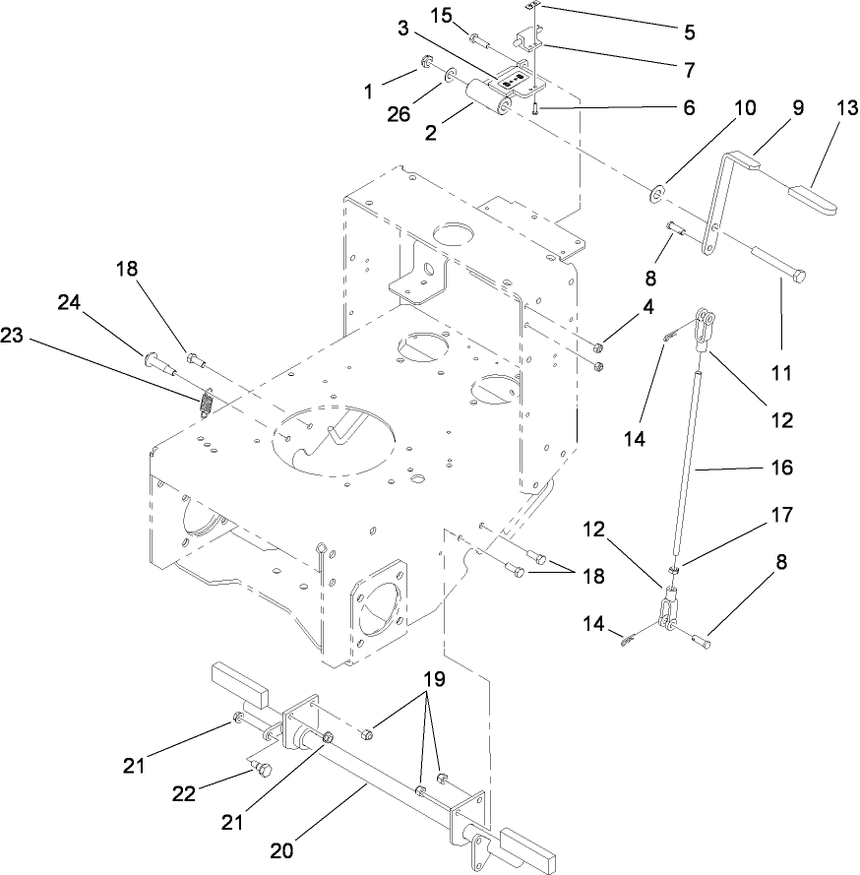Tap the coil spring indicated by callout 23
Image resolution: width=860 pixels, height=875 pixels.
[208, 404]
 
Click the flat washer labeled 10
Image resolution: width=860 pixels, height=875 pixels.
[657, 188]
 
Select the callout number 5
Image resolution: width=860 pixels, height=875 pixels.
[689, 31]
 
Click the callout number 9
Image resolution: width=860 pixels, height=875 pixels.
[797, 108]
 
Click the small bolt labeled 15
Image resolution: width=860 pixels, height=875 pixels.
[481, 39]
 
